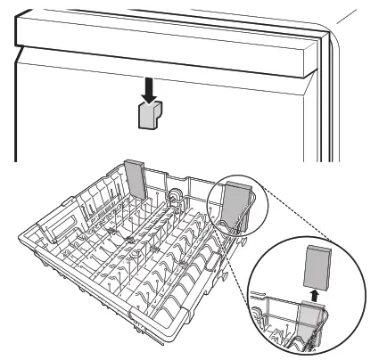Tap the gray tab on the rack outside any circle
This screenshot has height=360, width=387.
pyautogui.click(x=136, y=179)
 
